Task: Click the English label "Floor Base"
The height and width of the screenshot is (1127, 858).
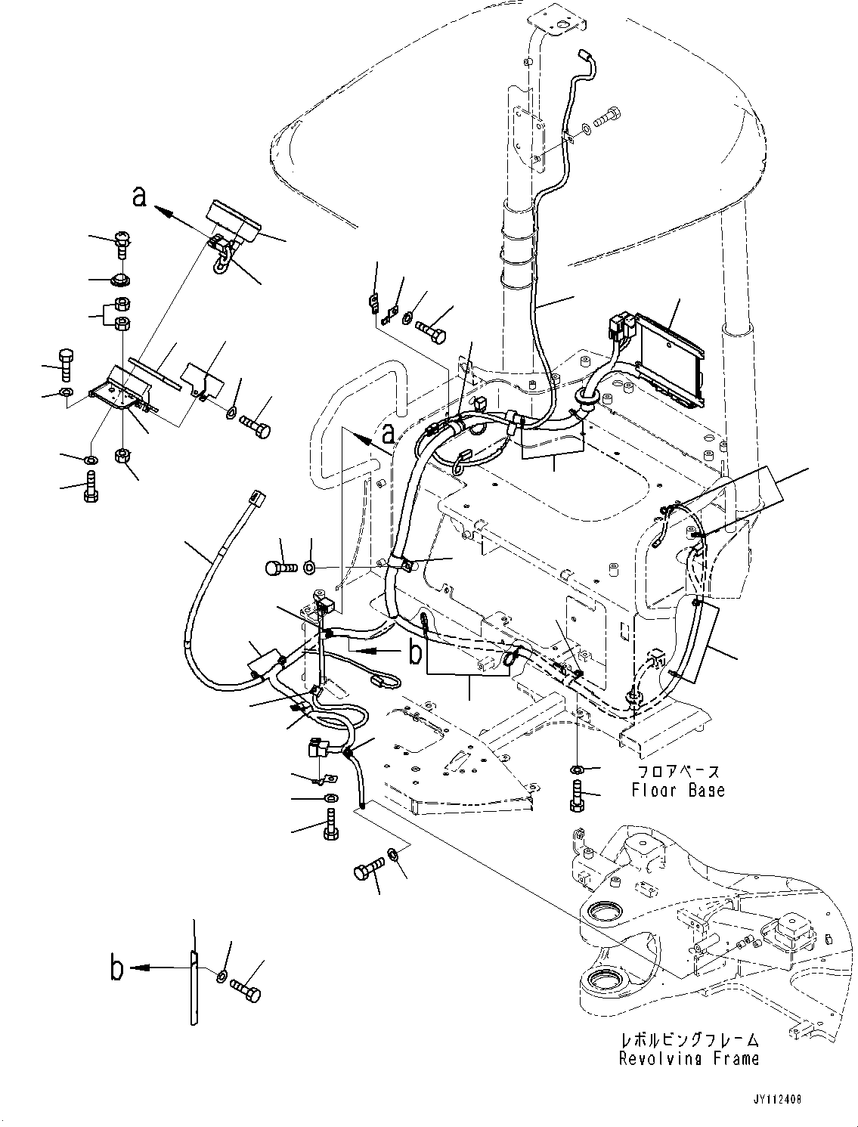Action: (x=677, y=791)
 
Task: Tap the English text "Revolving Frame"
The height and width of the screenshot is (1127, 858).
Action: (x=689, y=1059)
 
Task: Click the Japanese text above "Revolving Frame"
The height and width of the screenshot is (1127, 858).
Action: (x=689, y=1041)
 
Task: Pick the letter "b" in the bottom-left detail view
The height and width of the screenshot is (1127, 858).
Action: (x=117, y=969)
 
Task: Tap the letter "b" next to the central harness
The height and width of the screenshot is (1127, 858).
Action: (x=415, y=652)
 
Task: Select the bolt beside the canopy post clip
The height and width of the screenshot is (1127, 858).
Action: (x=606, y=118)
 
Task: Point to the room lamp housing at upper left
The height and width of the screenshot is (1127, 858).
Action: (x=233, y=219)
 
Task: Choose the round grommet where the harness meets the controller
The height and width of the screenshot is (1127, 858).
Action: (x=587, y=395)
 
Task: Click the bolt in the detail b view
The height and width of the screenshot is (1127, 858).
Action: (x=246, y=987)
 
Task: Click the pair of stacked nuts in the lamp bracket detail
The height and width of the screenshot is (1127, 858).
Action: (x=121, y=314)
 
